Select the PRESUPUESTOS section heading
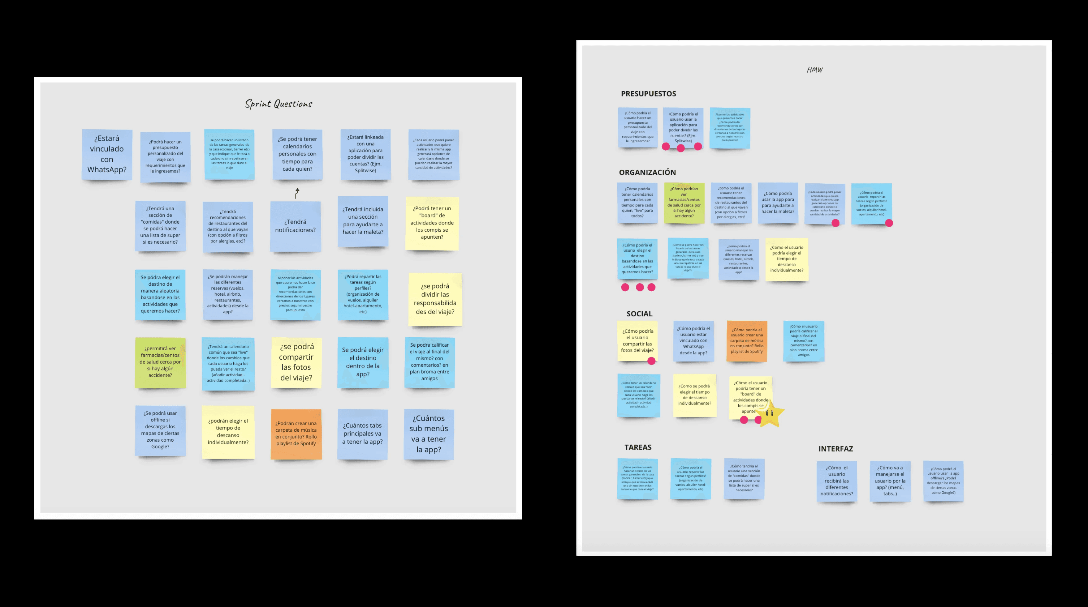click(648, 94)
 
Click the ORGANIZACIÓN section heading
click(647, 172)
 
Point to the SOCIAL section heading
click(639, 314)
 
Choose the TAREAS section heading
click(638, 447)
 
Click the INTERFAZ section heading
click(835, 449)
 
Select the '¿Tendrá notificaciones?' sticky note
click(295, 226)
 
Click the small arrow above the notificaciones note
click(297, 193)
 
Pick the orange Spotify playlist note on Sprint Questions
click(296, 434)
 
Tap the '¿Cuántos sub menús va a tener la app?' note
click(429, 434)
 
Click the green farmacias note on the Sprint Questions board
click(160, 362)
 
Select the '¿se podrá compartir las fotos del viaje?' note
click(296, 362)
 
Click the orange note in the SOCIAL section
click(747, 341)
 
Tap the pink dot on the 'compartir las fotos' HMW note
click(651, 361)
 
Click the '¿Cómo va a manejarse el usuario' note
click(890, 481)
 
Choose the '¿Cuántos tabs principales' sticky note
click(362, 434)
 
